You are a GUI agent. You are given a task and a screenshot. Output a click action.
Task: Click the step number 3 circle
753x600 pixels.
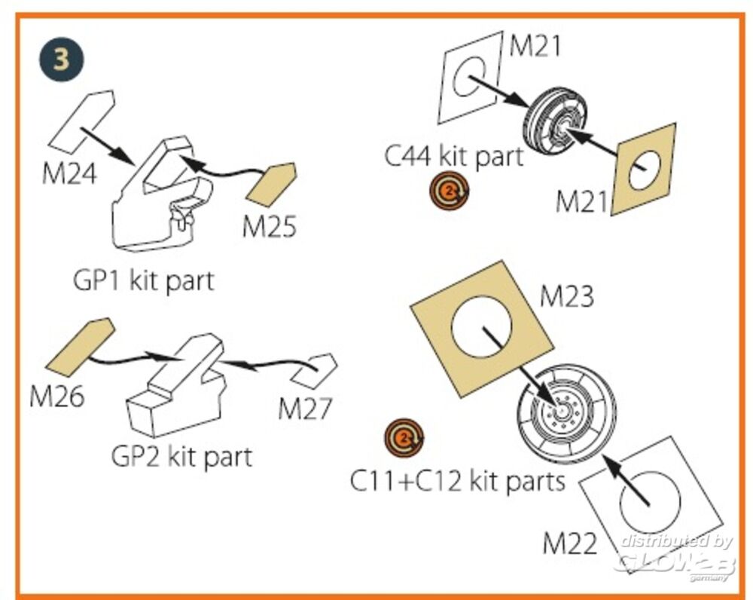pyautogui.click(x=61, y=60)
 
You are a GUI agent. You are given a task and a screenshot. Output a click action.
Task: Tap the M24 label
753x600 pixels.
pyautogui.click(x=69, y=174)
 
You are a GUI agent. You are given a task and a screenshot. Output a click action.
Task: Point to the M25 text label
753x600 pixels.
pyautogui.click(x=269, y=225)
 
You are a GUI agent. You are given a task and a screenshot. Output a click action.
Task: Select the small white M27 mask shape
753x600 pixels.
pyautogui.click(x=316, y=369)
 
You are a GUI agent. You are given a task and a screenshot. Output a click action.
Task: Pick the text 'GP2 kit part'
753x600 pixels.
pyautogui.click(x=181, y=456)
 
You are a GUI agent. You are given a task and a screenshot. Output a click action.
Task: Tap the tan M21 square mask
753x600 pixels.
pyautogui.click(x=643, y=170)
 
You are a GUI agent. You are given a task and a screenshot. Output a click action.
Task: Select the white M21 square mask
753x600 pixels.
pyautogui.click(x=471, y=77)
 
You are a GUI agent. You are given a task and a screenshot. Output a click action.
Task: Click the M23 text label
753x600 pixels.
pyautogui.click(x=566, y=297)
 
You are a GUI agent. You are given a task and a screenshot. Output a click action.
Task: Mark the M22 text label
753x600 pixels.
pyautogui.click(x=570, y=543)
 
